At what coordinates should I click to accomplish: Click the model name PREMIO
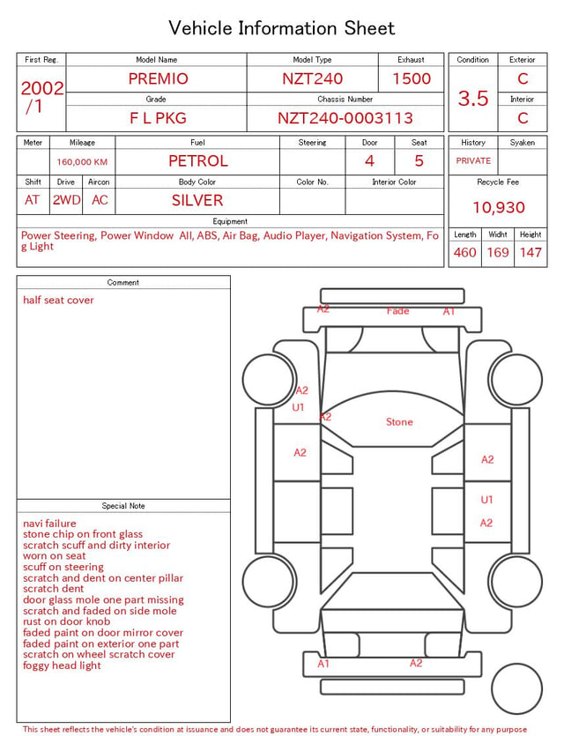coord(158,78)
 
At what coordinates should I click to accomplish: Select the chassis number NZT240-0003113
coord(345,118)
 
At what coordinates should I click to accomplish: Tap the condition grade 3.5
coord(473,99)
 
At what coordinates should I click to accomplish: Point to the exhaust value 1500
coord(412,78)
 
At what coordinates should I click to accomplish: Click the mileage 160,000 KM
coord(82,162)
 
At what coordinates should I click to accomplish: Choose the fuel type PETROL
coord(198,161)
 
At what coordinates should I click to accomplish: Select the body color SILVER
coord(197,201)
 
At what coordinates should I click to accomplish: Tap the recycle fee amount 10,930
coord(498,207)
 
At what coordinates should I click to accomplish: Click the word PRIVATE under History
coord(473,161)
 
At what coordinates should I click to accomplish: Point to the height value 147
coord(531,252)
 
